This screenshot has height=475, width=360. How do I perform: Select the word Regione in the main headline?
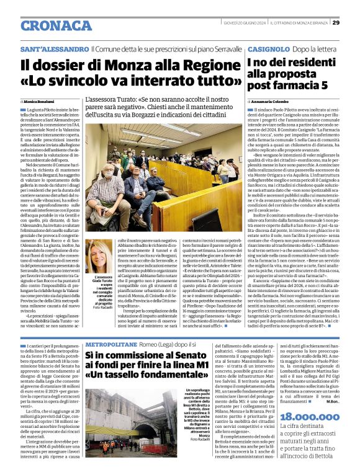pyautogui.click(x=206, y=64)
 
